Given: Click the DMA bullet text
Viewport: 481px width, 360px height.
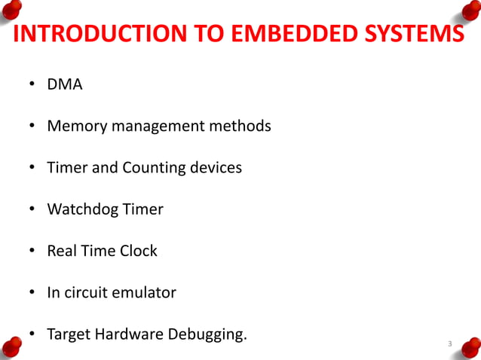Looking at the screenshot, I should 65,84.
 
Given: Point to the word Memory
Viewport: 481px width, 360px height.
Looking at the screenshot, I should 77,126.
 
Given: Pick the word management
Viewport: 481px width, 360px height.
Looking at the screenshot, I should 156,126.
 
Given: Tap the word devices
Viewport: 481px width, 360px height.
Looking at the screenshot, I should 215,167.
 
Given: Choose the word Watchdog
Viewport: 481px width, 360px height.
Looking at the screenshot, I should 81,209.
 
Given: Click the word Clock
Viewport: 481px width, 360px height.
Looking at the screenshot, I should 138,250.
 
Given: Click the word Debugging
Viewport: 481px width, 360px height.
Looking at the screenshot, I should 210,334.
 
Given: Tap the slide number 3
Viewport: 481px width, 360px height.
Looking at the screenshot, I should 449,345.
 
